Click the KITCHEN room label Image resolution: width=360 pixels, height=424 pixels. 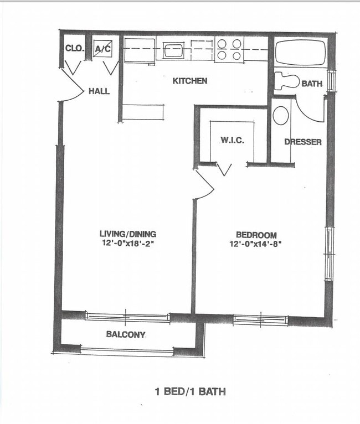tap(190, 81)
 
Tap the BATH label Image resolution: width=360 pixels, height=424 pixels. tap(312, 84)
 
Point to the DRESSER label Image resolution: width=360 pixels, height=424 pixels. tap(302, 142)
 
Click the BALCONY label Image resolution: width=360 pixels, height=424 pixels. tap(126, 334)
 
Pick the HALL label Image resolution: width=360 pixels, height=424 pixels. tap(99, 91)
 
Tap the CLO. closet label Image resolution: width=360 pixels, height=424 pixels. tap(75, 49)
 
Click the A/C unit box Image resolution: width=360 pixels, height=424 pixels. tap(102, 49)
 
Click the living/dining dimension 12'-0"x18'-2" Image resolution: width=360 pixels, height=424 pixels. tap(127, 243)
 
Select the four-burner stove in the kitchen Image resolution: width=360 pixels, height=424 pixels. tap(229, 49)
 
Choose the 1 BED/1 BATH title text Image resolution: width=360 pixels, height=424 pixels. tap(190, 391)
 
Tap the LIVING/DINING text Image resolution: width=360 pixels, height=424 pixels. tap(127, 234)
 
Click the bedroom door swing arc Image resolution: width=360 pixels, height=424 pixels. tap(205, 185)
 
